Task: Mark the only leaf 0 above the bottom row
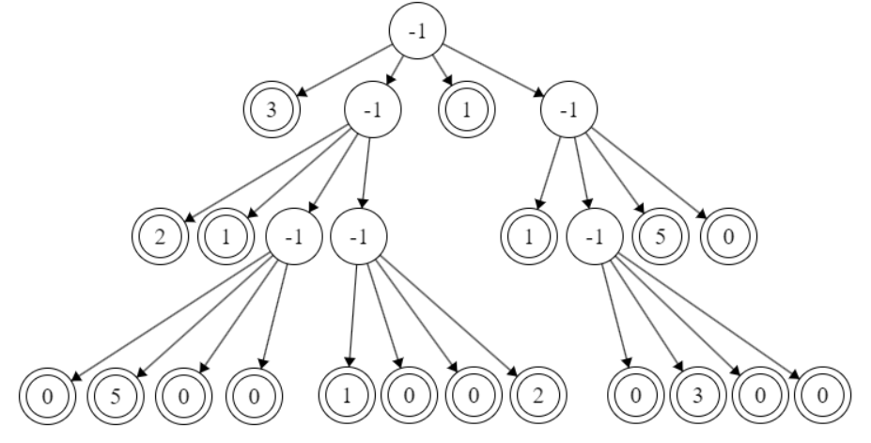[x=728, y=235]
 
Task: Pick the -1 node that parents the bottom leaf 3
[x=594, y=235]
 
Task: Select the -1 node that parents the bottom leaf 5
[x=294, y=235]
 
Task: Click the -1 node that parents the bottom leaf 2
[x=358, y=235]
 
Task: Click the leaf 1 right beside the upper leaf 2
[x=224, y=235]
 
